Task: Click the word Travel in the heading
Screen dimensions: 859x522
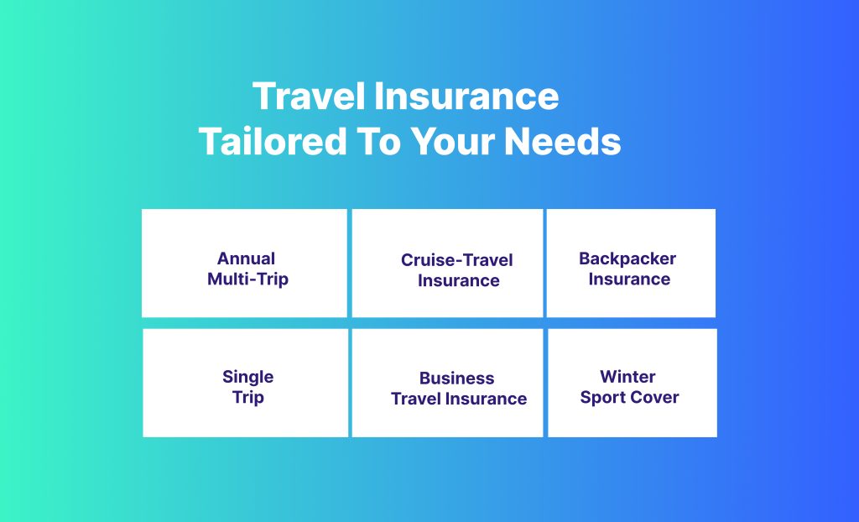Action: click(x=309, y=96)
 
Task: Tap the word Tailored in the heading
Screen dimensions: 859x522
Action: click(x=273, y=142)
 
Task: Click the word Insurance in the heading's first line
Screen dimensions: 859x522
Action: click(x=466, y=96)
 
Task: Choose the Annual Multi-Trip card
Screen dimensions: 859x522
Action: click(x=244, y=264)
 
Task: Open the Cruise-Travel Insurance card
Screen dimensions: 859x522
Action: click(x=448, y=264)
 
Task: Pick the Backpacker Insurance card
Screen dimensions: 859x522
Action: click(x=631, y=264)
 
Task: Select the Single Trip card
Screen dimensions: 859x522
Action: click(x=246, y=383)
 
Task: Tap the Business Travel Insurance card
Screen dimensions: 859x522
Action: click(x=448, y=383)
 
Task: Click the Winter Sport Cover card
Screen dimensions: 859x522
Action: click(x=633, y=383)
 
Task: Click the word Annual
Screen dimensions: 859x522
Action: click(x=246, y=258)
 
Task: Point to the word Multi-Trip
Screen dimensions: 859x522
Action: click(x=247, y=279)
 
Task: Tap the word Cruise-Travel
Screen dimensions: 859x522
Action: click(x=457, y=260)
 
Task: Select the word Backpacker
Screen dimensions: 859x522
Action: click(x=627, y=258)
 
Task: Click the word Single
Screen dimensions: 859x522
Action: click(x=247, y=378)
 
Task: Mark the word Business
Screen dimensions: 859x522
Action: click(x=457, y=378)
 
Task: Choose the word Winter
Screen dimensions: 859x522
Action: click(x=627, y=377)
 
